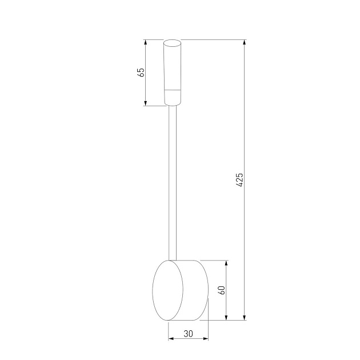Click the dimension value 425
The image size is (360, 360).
click(x=240, y=179)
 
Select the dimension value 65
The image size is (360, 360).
click(x=141, y=72)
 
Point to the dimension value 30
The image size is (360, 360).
click(x=188, y=334)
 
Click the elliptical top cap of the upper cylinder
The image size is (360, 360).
click(x=173, y=42)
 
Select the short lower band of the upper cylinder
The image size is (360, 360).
click(x=173, y=98)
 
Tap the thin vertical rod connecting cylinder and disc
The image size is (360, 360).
click(x=173, y=183)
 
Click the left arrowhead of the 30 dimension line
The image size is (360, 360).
click(x=171, y=339)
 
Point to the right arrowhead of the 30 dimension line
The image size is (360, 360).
click(x=206, y=339)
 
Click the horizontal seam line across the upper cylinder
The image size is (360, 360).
click(x=173, y=90)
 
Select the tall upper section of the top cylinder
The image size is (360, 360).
click(x=173, y=66)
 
